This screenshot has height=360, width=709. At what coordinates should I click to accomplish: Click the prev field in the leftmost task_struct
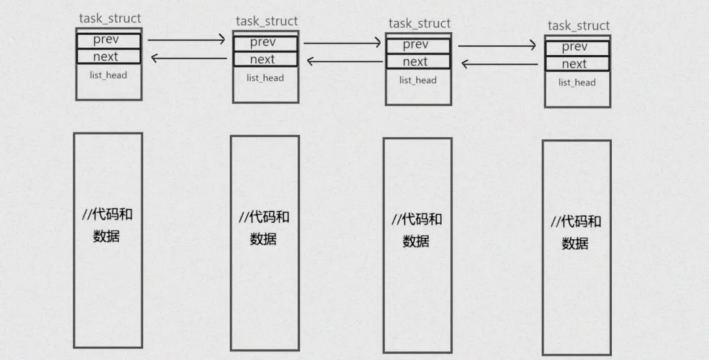pos(108,40)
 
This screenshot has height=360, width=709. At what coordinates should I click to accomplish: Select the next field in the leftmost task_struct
pos(108,56)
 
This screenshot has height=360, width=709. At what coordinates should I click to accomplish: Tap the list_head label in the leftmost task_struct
pos(108,75)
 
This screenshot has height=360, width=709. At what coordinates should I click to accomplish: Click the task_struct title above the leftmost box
pos(110,18)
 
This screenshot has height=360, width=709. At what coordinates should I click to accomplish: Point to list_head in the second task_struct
pos(265,78)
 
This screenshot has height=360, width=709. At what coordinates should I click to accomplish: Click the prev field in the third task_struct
pos(418,45)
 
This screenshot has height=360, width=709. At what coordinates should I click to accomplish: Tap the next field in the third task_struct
pos(418,62)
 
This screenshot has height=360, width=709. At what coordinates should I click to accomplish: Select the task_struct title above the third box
pos(419,24)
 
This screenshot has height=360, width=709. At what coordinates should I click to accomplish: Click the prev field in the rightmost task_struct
pos(577,47)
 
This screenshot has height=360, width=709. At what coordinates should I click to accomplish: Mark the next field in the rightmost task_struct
pos(577,64)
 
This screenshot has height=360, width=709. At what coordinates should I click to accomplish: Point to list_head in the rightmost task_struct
pos(577,82)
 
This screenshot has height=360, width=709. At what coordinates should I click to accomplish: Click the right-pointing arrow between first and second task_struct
pos(186,41)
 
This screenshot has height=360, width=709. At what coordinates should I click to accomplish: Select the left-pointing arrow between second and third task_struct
pos(345,62)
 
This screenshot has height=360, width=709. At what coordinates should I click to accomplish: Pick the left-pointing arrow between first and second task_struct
pos(189,58)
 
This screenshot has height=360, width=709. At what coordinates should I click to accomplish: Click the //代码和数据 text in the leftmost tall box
pos(107,225)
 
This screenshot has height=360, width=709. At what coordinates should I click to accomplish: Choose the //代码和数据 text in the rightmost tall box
pos(576,232)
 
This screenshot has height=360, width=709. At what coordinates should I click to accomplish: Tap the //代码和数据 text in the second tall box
pos(264,227)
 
